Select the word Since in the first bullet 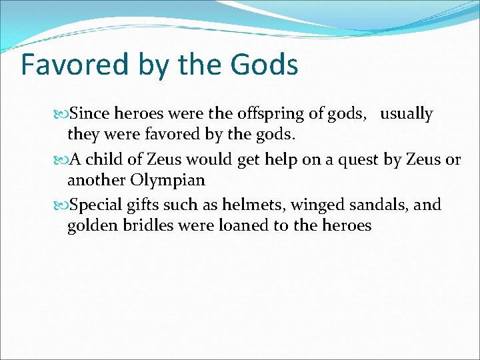pos(89,115)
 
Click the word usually pos(407,115)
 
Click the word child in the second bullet pos(107,160)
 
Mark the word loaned pos(242,226)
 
